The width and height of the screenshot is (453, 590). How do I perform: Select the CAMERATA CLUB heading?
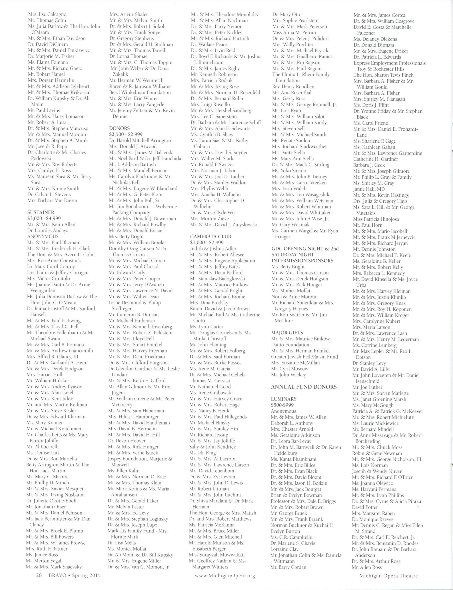pos(210,236)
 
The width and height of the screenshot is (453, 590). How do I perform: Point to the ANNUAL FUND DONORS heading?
pos(304,387)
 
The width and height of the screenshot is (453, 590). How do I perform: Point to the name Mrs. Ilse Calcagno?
pos(47,14)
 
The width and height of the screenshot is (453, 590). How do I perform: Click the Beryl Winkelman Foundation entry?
pos(140,93)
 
